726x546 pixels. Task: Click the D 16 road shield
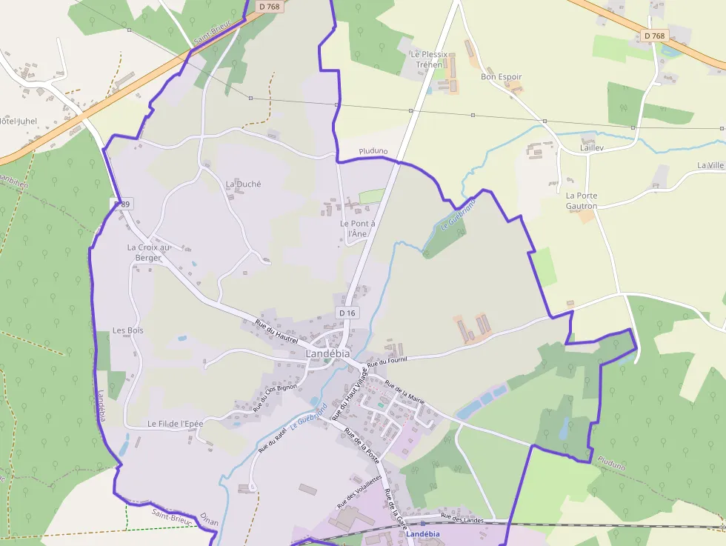[347, 313]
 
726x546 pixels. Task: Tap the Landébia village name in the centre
[328, 353]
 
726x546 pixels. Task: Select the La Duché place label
[243, 184]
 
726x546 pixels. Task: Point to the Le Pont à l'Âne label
[358, 228]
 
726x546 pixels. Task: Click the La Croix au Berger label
[148, 253]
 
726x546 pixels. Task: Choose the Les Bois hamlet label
[128, 330]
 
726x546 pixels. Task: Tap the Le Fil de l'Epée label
[175, 424]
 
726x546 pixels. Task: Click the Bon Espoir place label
[502, 76]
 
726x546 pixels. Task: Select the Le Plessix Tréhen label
[429, 59]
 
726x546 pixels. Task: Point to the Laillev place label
[592, 148]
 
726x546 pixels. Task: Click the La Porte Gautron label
[582, 201]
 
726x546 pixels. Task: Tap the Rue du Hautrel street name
[276, 332]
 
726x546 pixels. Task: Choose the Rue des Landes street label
[462, 519]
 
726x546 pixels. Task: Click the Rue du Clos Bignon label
[275, 396]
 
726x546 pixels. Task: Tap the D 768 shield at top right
[654, 36]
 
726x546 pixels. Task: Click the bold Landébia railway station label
[424, 533]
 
